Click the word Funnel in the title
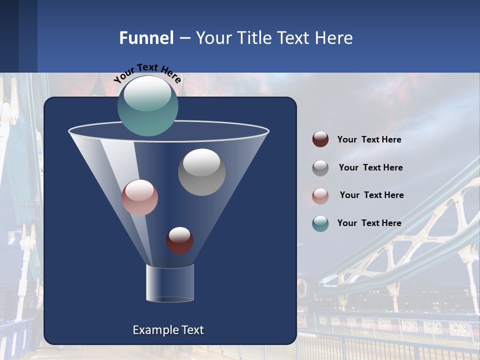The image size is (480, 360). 146,37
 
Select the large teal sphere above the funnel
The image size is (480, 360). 148,105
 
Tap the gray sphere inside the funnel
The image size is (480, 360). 201,172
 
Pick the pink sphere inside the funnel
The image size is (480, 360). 139,197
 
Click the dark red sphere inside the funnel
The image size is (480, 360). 179,240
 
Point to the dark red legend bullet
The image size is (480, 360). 320,139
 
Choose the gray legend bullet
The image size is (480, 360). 320,167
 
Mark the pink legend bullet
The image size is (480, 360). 320,195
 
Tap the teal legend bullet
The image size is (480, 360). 320,223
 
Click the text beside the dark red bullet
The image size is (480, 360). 369,139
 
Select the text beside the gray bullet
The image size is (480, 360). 370,167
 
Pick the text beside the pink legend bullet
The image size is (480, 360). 371,195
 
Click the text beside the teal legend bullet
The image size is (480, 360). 369,223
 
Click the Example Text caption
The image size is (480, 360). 168,330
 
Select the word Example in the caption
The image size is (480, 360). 154,330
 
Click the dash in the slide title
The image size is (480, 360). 184,38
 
